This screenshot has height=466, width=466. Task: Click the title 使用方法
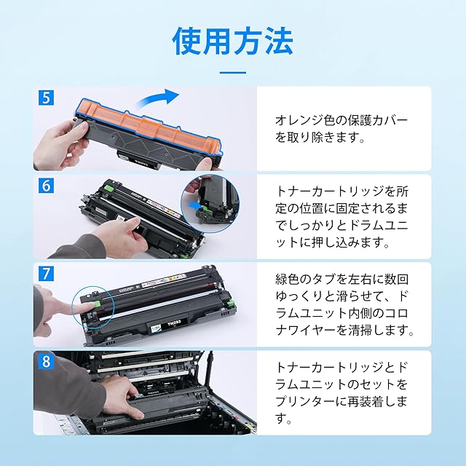tap(233, 42)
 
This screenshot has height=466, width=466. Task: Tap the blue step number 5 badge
tap(46, 97)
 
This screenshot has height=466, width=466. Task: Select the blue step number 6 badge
tap(46, 186)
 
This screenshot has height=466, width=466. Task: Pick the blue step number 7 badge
tap(46, 274)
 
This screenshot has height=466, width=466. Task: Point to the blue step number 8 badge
tap(46, 362)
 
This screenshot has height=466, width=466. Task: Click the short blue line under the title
tap(233, 73)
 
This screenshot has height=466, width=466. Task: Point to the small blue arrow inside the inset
tap(194, 205)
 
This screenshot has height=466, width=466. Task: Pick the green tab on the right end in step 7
tap(230, 304)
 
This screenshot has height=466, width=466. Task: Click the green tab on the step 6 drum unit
tap(110, 189)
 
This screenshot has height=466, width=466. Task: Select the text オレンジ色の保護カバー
tap(341, 120)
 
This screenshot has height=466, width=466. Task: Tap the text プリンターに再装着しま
tap(341, 401)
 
